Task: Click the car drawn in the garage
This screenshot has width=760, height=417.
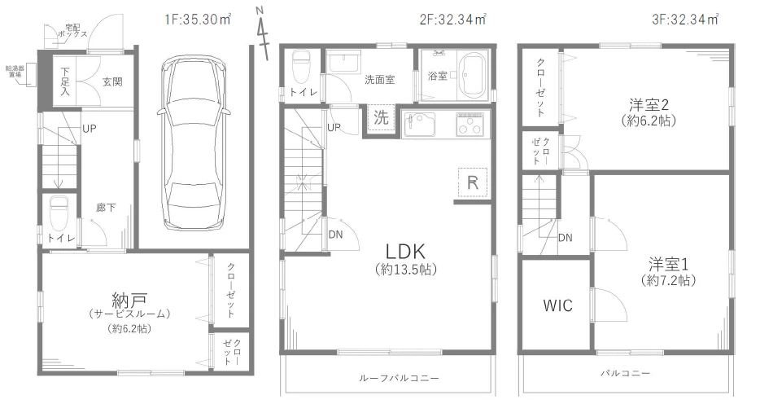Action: [192, 143]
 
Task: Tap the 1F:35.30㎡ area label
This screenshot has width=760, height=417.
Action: [198, 20]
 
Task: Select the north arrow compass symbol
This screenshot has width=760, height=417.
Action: [263, 33]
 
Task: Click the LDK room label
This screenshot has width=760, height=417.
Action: [406, 251]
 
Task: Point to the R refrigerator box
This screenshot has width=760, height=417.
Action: [473, 182]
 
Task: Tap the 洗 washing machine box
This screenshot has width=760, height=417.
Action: [381, 117]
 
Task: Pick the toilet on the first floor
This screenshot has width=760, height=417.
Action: [59, 213]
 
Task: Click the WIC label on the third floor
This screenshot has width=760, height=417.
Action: [557, 305]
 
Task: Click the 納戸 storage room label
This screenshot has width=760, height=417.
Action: [129, 301]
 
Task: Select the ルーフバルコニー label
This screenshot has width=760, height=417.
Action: [399, 378]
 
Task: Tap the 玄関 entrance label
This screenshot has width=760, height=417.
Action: [112, 82]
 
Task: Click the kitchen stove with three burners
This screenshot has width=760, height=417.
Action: [470, 124]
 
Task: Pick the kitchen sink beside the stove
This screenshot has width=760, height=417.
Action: [420, 124]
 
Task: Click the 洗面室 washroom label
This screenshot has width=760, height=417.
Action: [379, 80]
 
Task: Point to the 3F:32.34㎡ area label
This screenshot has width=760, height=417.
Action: [685, 20]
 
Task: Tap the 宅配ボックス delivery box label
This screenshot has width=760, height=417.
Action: [72, 31]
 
